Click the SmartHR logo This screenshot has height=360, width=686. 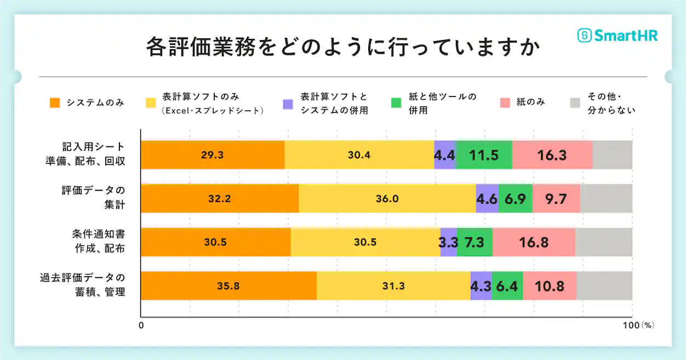pyautogui.click(x=618, y=36)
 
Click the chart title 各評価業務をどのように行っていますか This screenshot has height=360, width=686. pyautogui.click(x=343, y=48)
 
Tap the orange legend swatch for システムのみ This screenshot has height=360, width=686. pyautogui.click(x=55, y=102)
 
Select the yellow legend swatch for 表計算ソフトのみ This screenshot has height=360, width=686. pyautogui.click(x=151, y=102)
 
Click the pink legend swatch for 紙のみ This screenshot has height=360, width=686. pyautogui.click(x=505, y=102)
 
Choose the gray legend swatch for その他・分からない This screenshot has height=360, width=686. pyautogui.click(x=575, y=103)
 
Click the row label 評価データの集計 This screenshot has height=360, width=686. pyautogui.click(x=93, y=198)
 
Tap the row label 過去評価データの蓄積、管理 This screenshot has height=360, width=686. pyautogui.click(x=82, y=284)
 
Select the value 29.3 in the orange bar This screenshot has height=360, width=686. pyautogui.click(x=212, y=155)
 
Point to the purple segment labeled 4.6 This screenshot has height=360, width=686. pyautogui.click(x=487, y=198)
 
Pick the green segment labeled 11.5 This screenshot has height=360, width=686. pyautogui.click(x=484, y=155)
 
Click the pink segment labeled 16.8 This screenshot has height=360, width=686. pyautogui.click(x=534, y=242)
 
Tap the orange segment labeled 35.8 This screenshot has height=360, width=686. pyautogui.click(x=228, y=285)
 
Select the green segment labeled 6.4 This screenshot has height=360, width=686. pyautogui.click(x=507, y=285)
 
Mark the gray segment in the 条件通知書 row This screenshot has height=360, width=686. pyautogui.click(x=604, y=242)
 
